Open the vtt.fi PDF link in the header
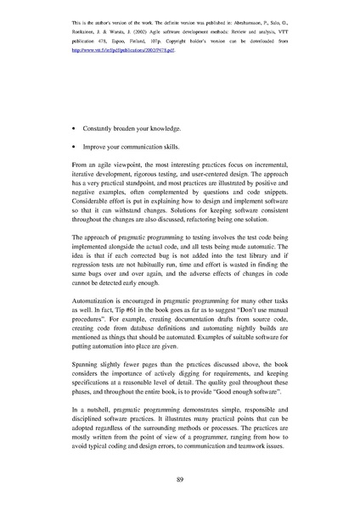click(127, 51)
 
